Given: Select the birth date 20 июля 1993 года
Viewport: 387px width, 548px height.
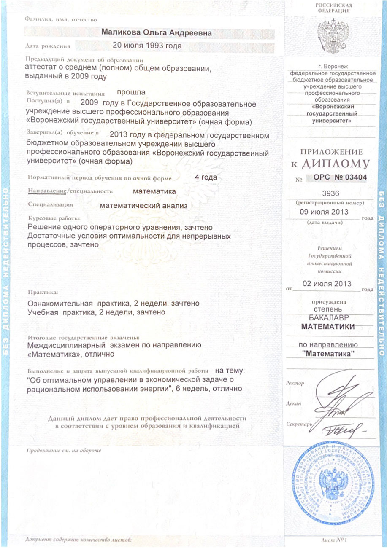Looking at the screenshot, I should [147, 46].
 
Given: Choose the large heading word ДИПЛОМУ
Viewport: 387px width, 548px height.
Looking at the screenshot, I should [340, 163].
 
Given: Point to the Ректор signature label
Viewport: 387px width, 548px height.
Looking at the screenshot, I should [295, 383].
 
